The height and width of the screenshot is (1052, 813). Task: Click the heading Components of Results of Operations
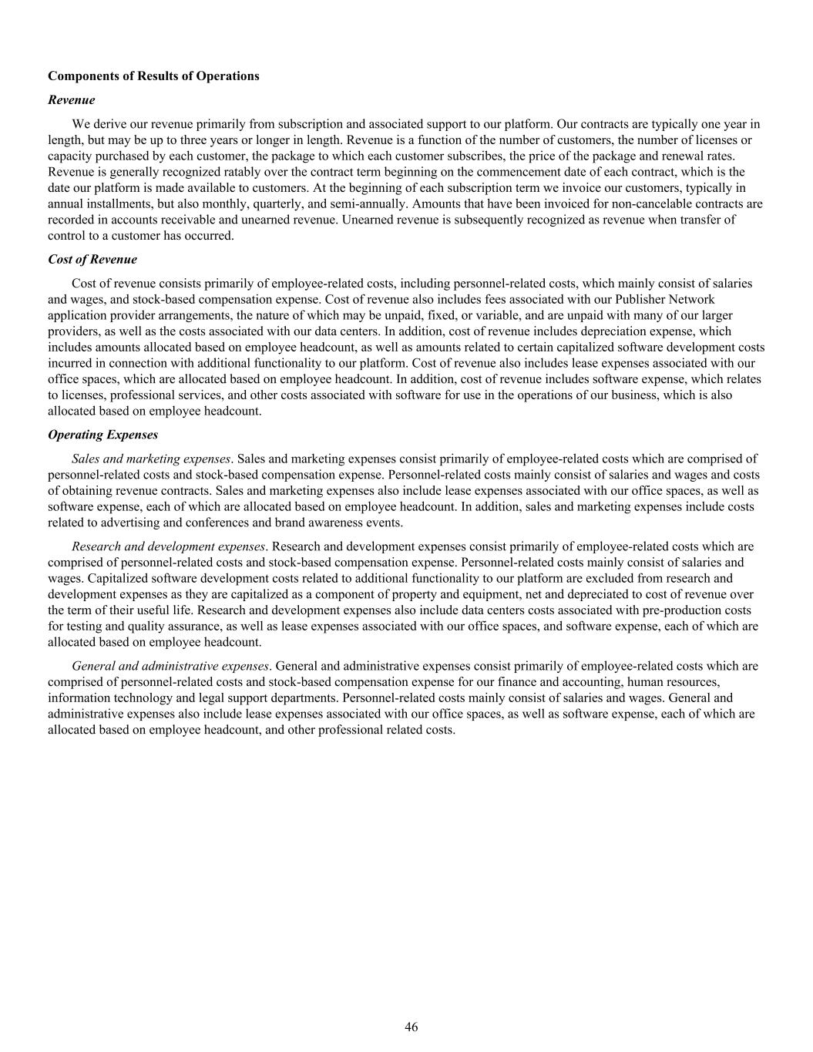[153, 76]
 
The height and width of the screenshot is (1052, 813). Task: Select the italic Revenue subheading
[72, 99]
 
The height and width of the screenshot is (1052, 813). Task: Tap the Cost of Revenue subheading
[92, 259]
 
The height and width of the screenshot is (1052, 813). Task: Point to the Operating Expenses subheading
[103, 435]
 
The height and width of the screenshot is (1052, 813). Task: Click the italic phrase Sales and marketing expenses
[151, 459]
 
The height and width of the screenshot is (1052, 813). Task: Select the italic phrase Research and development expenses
[168, 546]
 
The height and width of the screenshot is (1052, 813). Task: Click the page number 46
[412, 1027]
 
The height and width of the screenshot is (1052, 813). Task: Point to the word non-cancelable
[663, 203]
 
